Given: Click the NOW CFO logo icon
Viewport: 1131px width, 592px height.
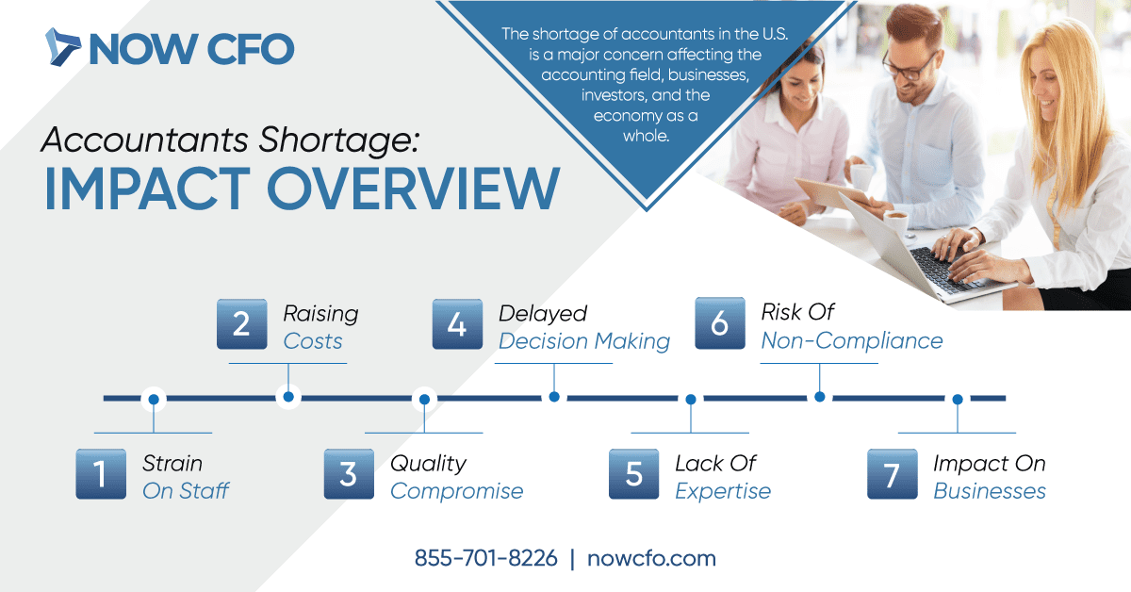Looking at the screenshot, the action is [62, 47].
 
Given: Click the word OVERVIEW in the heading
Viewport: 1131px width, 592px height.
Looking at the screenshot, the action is [413, 189].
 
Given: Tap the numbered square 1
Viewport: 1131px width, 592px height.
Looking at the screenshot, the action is [101, 474].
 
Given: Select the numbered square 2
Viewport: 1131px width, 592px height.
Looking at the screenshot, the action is [242, 323].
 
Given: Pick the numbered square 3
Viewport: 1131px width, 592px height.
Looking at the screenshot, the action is [349, 474].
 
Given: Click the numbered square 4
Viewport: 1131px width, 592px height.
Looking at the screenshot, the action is [457, 323].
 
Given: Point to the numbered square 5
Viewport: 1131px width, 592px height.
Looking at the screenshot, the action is [633, 474].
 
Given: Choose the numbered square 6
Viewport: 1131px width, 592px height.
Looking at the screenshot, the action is [720, 323].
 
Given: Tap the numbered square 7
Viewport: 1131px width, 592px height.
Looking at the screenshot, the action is [893, 474].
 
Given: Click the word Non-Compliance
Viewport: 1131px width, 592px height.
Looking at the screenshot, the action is [852, 340].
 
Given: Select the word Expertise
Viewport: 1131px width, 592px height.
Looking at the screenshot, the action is [723, 491].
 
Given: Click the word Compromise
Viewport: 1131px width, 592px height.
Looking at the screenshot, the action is [457, 491].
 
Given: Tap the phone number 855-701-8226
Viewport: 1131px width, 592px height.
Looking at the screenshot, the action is [485, 558].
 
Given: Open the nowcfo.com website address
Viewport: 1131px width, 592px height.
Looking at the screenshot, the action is [651, 558].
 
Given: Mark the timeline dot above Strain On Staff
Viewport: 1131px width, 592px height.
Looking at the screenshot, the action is [154, 400].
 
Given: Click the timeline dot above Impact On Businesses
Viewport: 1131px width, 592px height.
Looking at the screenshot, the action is [958, 400].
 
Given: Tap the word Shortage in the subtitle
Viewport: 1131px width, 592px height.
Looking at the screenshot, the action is [339, 140].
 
